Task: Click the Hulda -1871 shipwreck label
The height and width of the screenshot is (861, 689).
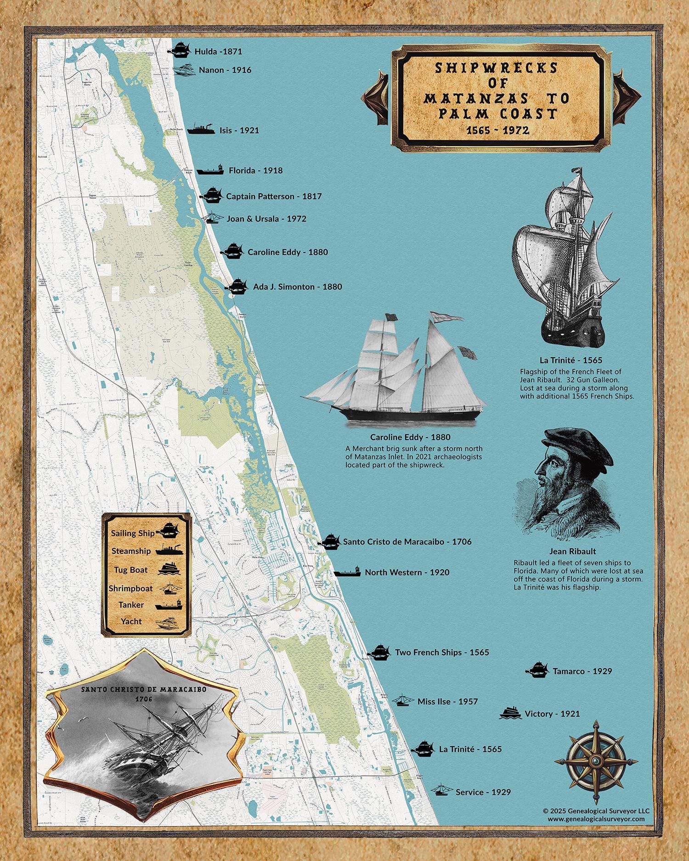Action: click(218, 51)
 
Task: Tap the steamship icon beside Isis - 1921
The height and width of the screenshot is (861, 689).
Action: click(200, 129)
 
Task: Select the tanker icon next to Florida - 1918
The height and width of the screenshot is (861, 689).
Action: click(210, 170)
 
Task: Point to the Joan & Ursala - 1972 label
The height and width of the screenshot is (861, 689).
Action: click(266, 219)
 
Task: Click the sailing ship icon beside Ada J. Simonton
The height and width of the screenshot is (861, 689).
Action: click(237, 287)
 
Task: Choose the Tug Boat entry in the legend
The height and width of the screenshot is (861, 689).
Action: click(131, 570)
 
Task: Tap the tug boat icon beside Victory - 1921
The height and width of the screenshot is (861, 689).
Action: click(510, 713)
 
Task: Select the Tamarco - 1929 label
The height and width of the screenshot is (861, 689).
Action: click(582, 671)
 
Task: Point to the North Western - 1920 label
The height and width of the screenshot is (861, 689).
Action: click(407, 572)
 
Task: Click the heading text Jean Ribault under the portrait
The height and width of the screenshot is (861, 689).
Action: click(572, 551)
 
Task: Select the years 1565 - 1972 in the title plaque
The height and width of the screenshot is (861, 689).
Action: click(497, 130)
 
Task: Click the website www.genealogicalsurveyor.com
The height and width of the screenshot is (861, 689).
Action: click(596, 819)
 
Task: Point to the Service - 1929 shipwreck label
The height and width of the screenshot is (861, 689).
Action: click(483, 792)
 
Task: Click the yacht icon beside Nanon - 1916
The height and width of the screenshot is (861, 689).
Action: click(184, 70)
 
